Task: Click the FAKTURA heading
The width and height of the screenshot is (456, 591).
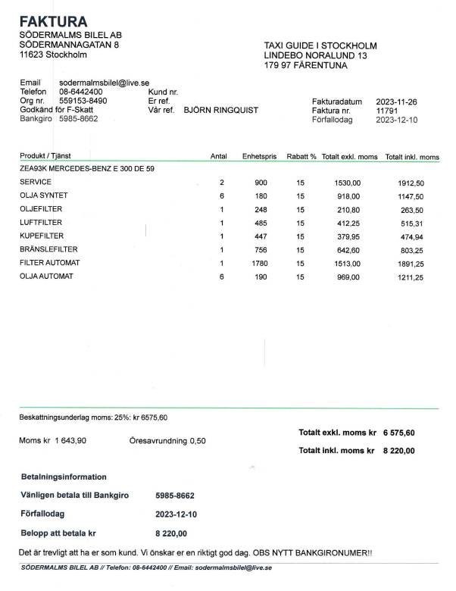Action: pyautogui.click(x=53, y=20)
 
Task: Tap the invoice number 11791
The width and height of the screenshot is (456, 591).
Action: pyautogui.click(x=386, y=111)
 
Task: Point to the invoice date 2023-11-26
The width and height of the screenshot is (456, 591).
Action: pyautogui.click(x=397, y=101)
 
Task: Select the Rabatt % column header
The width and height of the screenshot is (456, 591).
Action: pyautogui.click(x=301, y=157)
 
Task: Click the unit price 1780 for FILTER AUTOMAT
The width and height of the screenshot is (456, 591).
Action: pyautogui.click(x=260, y=263)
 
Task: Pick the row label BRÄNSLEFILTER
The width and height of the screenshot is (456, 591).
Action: pyautogui.click(x=48, y=249)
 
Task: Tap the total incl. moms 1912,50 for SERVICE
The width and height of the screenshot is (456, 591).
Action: pyautogui.click(x=411, y=183)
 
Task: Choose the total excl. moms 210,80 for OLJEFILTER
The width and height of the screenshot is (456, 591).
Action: pyautogui.click(x=348, y=210)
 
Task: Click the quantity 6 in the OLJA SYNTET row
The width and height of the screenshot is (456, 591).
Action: pyautogui.click(x=222, y=196)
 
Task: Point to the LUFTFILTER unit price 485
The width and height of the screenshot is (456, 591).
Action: pyautogui.click(x=261, y=223)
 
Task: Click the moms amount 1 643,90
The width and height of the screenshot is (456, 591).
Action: pyautogui.click(x=70, y=441)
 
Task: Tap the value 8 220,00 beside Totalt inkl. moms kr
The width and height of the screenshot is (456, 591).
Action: pyautogui.click(x=399, y=450)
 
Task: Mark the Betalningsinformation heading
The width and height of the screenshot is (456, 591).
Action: pyautogui.click(x=64, y=477)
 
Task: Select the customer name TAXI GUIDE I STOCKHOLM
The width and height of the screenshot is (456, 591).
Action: pyautogui.click(x=320, y=45)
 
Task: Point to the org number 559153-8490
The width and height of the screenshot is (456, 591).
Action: pyautogui.click(x=83, y=101)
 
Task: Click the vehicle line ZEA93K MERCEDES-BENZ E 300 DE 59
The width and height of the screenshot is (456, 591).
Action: pyautogui.click(x=87, y=168)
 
